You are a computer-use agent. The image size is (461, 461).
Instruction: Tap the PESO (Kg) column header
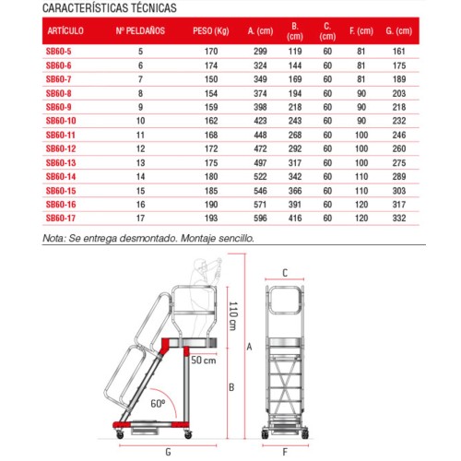click(x=212, y=30)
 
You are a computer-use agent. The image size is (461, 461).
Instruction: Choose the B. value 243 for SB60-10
click(x=294, y=121)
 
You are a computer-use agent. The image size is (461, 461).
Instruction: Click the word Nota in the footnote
click(x=54, y=237)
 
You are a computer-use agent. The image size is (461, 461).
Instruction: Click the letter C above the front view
click(x=286, y=273)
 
